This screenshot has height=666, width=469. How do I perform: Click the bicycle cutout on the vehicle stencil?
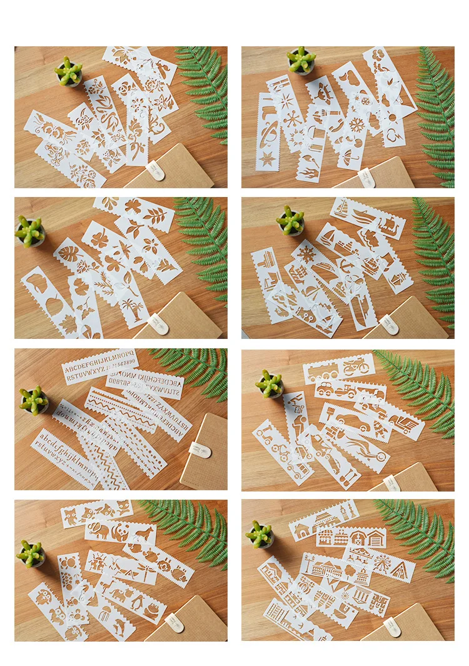(x=356, y=365)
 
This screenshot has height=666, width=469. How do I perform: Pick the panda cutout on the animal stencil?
(x=118, y=532)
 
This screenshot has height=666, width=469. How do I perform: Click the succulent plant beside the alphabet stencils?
(x=34, y=400)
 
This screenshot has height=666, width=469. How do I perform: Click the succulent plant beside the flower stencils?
(x=68, y=71)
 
